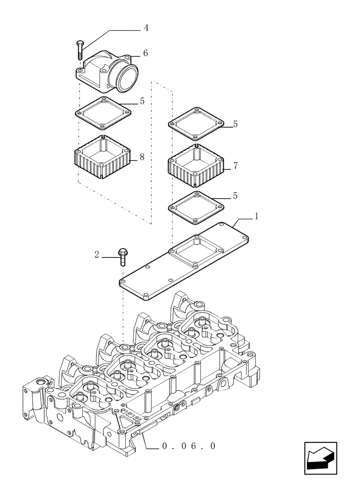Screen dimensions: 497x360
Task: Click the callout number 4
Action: coord(146,28)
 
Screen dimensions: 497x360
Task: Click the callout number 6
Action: coord(145,53)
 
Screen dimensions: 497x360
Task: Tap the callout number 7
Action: coord(236,166)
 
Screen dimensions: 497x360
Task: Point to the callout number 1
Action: coord(256,216)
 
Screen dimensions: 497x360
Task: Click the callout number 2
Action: coord(97,255)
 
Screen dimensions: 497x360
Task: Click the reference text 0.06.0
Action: coord(189,446)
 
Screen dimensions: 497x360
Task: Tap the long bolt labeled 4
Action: coord(80,51)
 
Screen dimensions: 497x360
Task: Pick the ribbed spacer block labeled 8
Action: coord(102,159)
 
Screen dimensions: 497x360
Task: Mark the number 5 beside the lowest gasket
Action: coord(236,196)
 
